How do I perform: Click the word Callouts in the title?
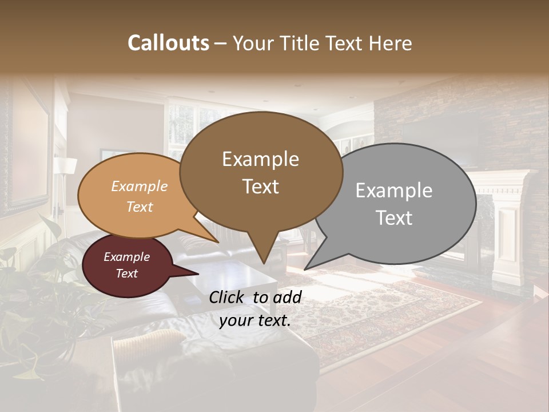[168, 43]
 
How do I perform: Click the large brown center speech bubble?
[261, 172]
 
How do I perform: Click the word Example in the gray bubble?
[394, 191]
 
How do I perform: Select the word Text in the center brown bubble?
[261, 187]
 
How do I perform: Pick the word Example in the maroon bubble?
[126, 257]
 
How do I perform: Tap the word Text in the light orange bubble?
[139, 207]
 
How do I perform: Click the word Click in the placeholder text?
[228, 297]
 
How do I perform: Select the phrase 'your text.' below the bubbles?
[254, 320]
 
